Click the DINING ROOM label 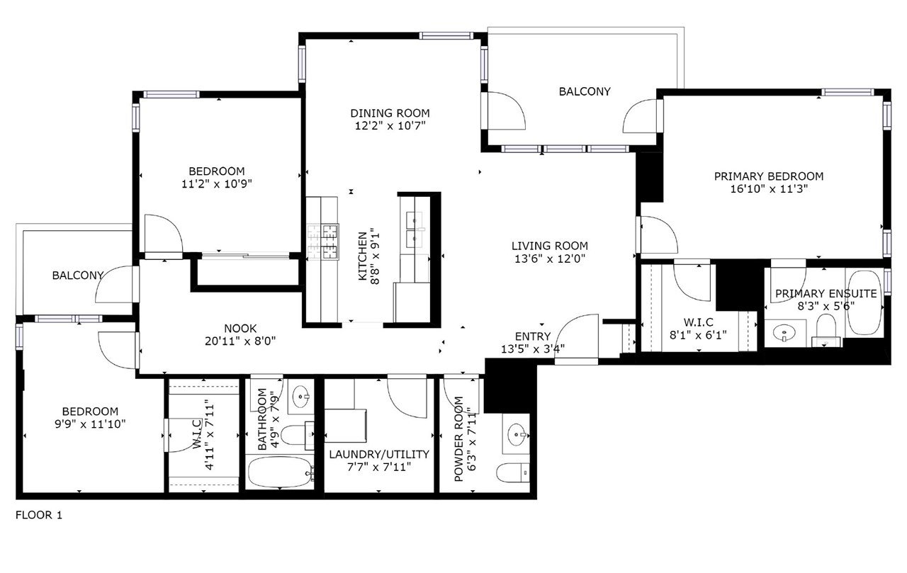click(390, 113)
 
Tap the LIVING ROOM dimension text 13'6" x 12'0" click(549, 259)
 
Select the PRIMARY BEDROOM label click(769, 176)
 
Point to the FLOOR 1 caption click(39, 515)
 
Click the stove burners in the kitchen click(322, 242)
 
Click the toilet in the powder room click(513, 472)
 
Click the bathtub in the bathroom click(280, 472)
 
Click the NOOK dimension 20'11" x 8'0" click(240, 341)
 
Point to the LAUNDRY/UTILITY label click(379, 455)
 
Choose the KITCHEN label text click(362, 256)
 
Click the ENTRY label click(533, 336)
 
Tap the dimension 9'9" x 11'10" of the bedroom click(90, 424)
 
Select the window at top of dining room click(446, 36)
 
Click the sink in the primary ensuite click(784, 334)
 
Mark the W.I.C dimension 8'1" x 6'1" click(698, 335)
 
